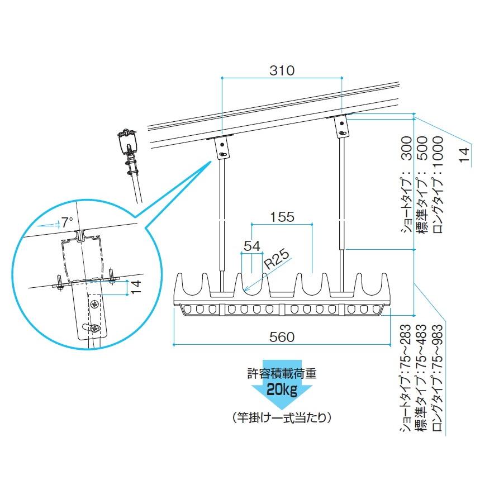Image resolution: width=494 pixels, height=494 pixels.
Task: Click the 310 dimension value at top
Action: click(x=282, y=71)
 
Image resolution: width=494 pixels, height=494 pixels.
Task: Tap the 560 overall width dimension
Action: click(x=282, y=337)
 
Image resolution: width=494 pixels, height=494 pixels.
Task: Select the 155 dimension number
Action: click(x=282, y=217)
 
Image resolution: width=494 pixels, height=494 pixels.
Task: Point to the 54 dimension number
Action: click(x=251, y=245)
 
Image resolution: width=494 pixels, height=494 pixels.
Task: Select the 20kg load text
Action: click(x=281, y=389)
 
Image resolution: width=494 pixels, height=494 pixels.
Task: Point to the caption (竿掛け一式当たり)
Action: click(x=282, y=417)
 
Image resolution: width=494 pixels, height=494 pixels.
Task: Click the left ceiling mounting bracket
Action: click(x=223, y=148)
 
